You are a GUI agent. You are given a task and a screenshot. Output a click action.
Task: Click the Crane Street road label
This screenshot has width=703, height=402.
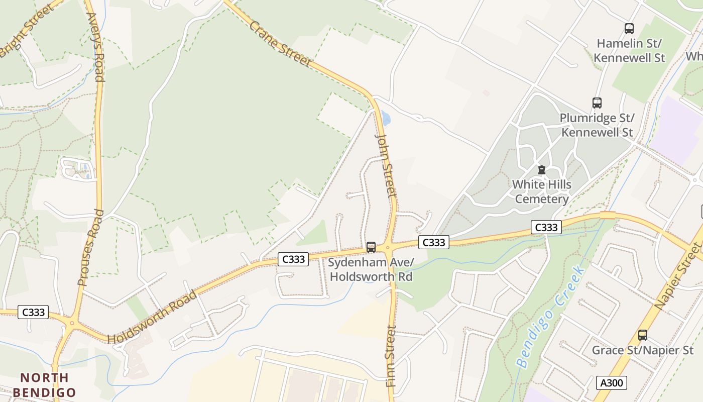[x=280, y=44]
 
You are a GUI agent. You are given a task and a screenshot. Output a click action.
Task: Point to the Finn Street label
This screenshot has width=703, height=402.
[x=392, y=356]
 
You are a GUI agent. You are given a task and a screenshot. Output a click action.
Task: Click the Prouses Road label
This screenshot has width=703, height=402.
[x=91, y=248]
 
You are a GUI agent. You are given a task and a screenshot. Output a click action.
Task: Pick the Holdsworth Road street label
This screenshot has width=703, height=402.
[x=153, y=317]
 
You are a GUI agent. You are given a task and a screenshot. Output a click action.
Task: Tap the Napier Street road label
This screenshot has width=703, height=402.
[x=677, y=276]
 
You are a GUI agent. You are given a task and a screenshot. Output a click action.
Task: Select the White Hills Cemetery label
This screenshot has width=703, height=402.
[x=541, y=191]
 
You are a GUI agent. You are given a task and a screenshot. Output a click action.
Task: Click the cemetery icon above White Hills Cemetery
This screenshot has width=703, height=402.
[x=541, y=170]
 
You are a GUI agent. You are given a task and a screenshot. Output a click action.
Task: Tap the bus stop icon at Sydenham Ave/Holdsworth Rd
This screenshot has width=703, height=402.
[x=371, y=247]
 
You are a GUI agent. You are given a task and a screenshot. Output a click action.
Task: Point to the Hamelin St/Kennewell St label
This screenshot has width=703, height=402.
[x=629, y=50]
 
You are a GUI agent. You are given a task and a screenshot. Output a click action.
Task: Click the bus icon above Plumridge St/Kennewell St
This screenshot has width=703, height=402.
[x=597, y=103]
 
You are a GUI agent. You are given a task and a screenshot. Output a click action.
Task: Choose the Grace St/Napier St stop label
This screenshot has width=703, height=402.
[x=642, y=350]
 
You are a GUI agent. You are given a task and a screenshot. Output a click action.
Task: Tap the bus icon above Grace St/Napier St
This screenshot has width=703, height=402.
[x=642, y=335]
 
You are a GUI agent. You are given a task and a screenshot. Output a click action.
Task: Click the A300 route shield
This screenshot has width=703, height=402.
[x=612, y=383]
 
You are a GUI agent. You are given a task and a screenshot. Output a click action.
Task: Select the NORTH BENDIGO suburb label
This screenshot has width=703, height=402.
[x=44, y=385]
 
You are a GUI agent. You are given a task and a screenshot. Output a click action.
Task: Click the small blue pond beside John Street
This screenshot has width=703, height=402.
[x=386, y=118]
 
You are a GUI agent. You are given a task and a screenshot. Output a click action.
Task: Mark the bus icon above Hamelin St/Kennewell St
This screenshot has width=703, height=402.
[x=629, y=29]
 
